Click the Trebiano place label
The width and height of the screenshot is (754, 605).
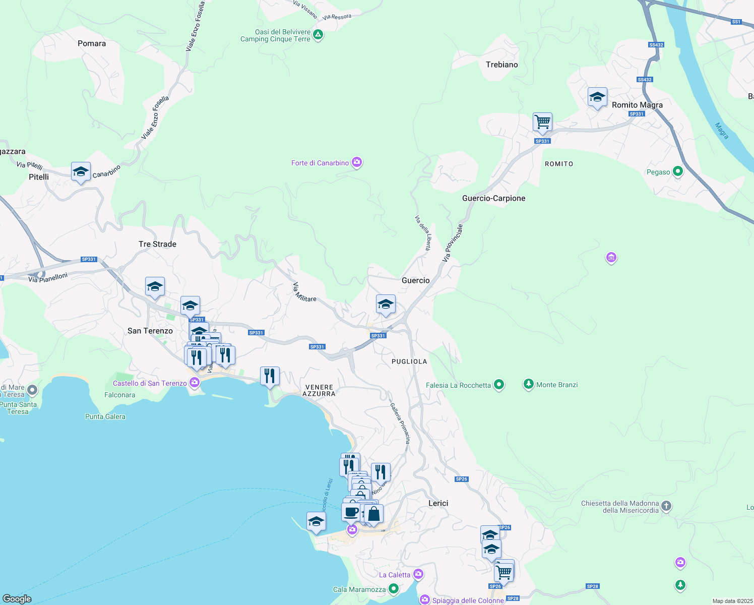[501, 65]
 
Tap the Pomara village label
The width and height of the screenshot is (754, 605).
[92, 44]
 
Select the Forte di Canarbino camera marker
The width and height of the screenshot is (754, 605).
[357, 162]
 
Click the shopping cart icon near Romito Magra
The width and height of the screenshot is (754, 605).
[542, 122]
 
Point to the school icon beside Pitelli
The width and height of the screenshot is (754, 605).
[81, 172]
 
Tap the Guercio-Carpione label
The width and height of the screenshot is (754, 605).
[493, 198]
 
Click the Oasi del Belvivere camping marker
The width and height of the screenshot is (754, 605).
[318, 35]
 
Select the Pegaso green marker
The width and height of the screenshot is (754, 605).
[678, 171]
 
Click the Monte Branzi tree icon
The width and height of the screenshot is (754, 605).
[528, 384]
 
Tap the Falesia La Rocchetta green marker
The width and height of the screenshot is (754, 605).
[499, 385]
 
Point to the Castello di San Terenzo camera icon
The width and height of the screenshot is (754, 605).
[195, 383]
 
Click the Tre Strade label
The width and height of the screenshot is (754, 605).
[157, 244]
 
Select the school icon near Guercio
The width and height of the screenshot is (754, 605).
[386, 304]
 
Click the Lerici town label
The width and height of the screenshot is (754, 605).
[438, 503]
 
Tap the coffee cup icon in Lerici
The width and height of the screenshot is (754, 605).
[351, 512]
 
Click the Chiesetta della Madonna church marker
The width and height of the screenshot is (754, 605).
[666, 506]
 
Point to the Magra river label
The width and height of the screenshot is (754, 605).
[722, 131]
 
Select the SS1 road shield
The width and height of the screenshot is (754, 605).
[736, 22]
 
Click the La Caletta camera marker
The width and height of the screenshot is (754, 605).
[418, 574]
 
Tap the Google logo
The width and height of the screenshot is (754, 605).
[17, 598]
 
